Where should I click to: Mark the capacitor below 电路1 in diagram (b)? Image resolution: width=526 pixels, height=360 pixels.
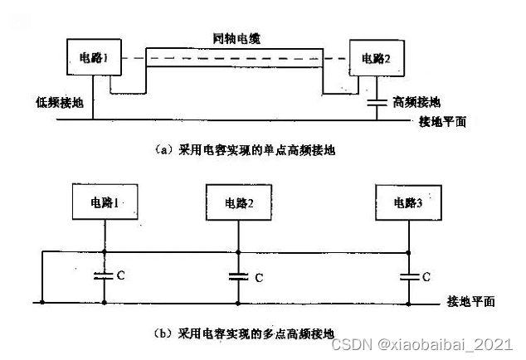[103, 276]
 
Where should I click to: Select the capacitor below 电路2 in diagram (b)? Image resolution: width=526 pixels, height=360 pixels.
[239, 276]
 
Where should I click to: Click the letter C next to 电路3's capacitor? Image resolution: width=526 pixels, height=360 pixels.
[426, 277]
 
